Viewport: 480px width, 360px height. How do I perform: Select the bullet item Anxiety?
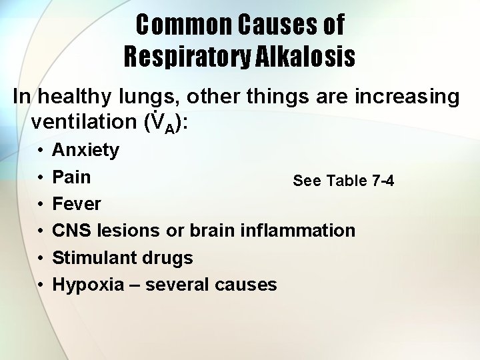(x=85, y=150)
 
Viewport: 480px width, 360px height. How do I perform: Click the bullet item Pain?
(x=71, y=177)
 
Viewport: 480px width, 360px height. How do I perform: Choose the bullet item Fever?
(x=77, y=204)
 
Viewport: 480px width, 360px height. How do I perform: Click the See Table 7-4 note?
(x=343, y=181)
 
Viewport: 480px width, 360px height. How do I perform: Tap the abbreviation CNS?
(x=72, y=231)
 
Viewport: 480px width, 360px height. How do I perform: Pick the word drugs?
(x=169, y=258)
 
